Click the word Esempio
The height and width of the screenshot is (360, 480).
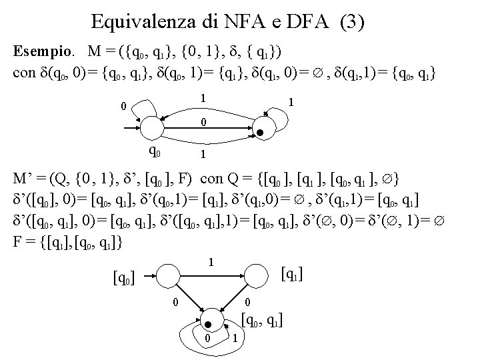point(43,51)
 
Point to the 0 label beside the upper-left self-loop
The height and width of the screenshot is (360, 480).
point(123,105)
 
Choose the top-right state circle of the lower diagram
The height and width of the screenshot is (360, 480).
point(256,270)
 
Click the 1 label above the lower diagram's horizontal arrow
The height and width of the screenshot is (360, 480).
point(211,262)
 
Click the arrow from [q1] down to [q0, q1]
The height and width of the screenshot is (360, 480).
point(237,294)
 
